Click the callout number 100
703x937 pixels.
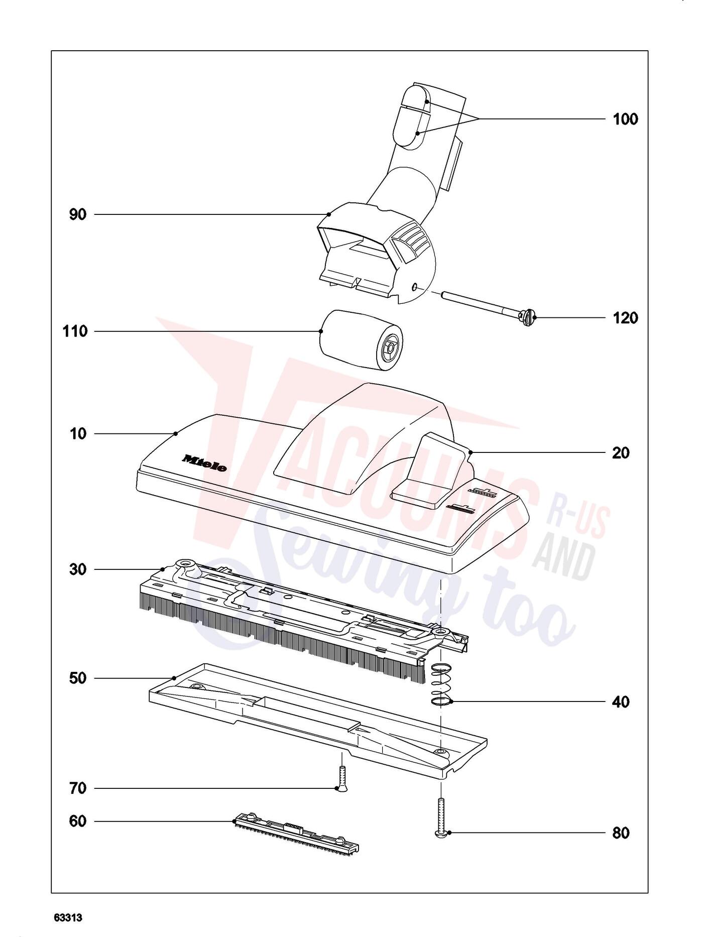click(625, 119)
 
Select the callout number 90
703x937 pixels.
click(78, 215)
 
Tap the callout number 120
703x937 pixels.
click(625, 318)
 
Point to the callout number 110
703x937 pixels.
click(75, 331)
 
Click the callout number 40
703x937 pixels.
click(621, 701)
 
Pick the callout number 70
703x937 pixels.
click(78, 788)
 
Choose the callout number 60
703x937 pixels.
click(78, 821)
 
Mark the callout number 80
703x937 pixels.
click(621, 833)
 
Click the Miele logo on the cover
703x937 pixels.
click(204, 463)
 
